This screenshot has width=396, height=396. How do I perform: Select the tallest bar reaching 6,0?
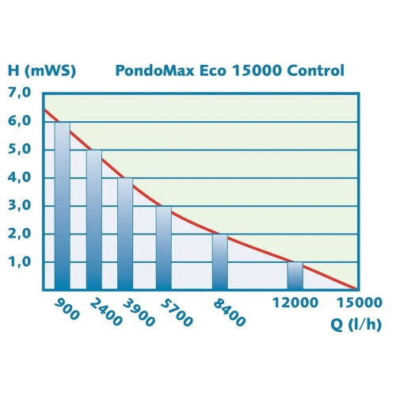[62, 206]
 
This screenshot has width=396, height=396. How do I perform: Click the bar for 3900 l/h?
[125, 234]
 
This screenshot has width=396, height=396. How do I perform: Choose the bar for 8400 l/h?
[220, 261]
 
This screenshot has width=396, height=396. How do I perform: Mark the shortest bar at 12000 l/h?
[295, 276]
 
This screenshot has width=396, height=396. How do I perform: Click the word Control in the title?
[314, 70]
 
